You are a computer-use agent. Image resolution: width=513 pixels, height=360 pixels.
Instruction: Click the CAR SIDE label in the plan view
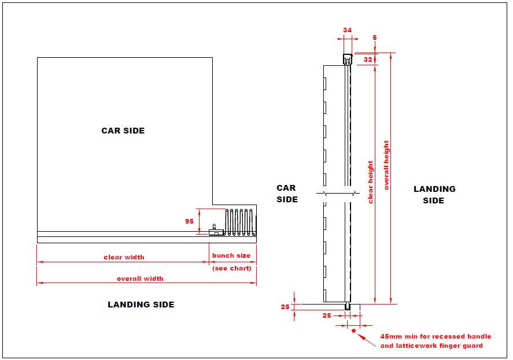pos(123,131)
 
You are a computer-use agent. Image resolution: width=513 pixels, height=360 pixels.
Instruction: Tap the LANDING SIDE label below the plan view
pos(141,305)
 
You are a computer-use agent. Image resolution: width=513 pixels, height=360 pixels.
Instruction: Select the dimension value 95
pos(189,221)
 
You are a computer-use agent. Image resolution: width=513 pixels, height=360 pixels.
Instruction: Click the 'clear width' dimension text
pos(124,257)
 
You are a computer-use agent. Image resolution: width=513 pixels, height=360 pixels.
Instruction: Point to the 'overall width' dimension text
pos(140,279)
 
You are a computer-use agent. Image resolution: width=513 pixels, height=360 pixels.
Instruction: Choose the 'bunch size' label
pos(231,255)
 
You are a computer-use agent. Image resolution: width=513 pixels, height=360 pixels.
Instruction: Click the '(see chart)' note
pos(231,268)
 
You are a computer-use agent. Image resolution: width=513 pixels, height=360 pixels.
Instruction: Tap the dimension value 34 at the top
pos(347,29)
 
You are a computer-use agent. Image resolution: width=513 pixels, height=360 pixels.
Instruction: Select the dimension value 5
pos(375,38)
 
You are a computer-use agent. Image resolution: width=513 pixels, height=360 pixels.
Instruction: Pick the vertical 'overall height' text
pos(386,165)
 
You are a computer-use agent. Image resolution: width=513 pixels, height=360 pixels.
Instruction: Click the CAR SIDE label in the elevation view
pos(286,194)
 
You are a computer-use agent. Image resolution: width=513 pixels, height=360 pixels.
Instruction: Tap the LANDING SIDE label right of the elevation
pos(434,195)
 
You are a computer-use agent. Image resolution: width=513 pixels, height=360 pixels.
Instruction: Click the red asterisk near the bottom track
pos(353,331)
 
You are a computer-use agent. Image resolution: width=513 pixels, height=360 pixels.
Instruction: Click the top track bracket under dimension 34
pos(347,58)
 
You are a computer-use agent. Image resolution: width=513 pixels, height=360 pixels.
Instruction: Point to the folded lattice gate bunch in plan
pos(239,221)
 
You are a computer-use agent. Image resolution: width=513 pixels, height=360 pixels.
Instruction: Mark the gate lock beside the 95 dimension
pos(215,231)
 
